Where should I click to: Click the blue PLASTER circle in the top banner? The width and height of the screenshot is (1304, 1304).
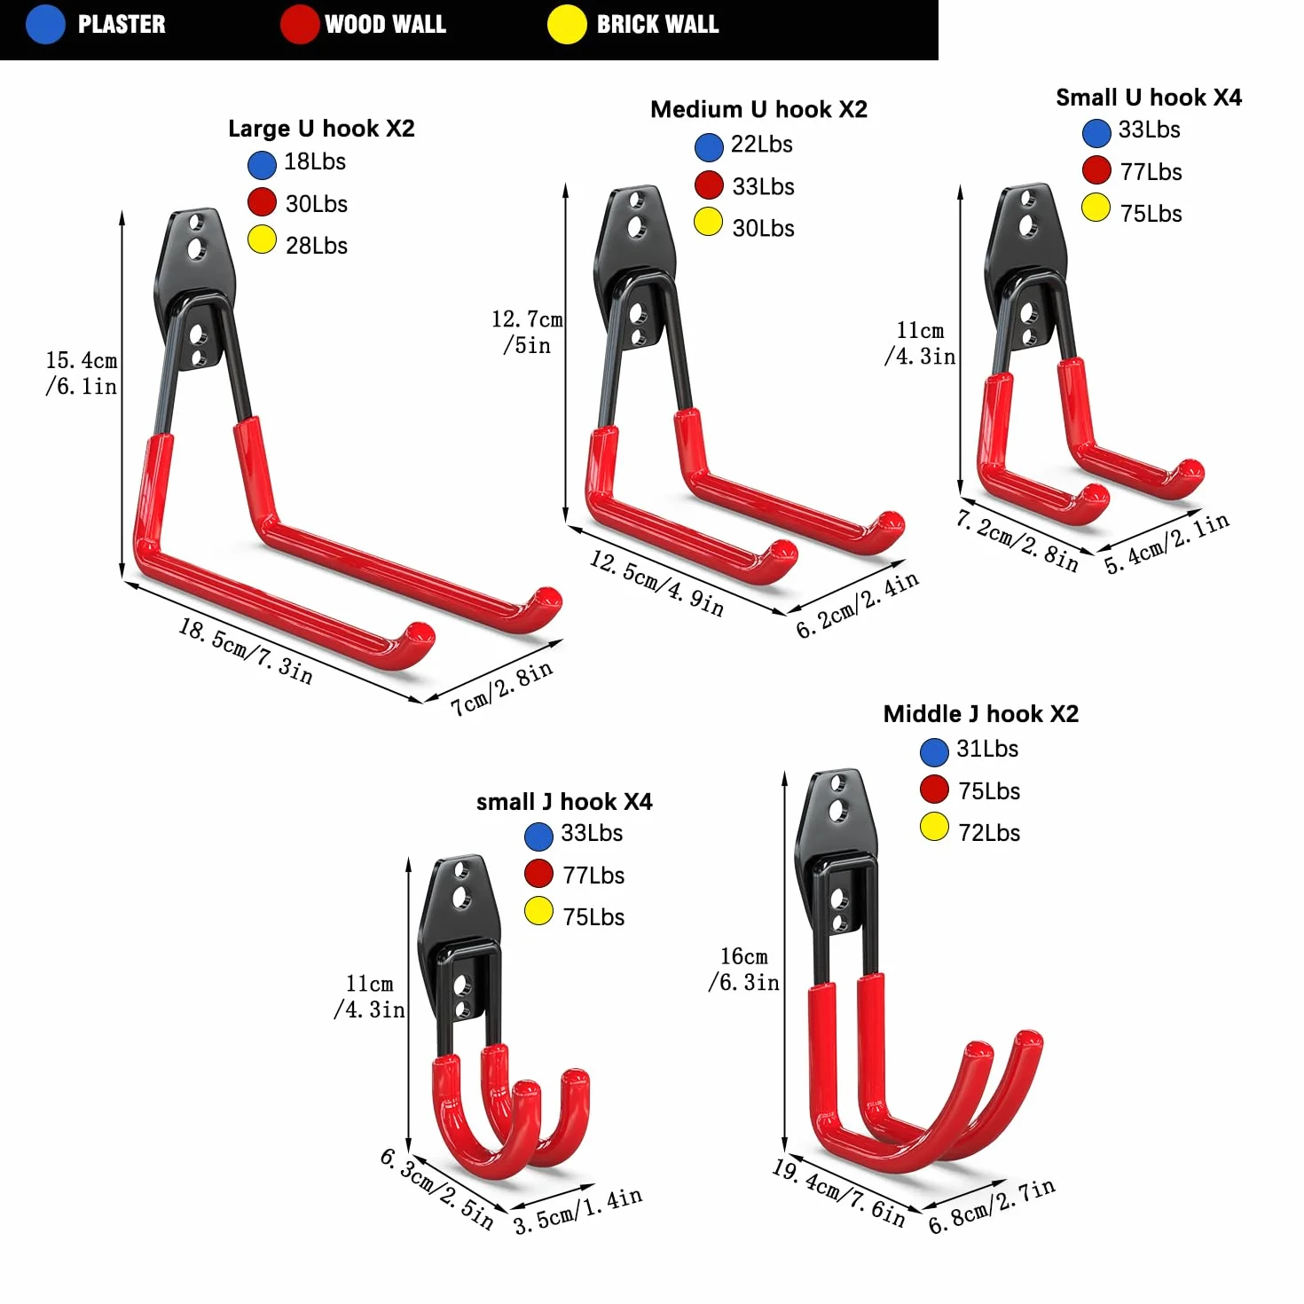[45, 24]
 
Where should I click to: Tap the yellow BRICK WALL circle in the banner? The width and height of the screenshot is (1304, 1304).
[567, 24]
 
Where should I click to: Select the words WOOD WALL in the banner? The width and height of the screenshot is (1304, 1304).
[385, 24]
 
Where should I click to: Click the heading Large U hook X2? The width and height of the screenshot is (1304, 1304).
[321, 128]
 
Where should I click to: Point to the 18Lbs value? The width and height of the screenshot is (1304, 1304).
[315, 161]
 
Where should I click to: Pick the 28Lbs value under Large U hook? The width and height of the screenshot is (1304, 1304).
[316, 246]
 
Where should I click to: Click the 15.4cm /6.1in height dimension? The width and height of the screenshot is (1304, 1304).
[82, 373]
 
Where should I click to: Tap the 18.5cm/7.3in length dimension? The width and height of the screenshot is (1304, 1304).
[246, 651]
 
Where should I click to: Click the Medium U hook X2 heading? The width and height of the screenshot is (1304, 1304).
[758, 109]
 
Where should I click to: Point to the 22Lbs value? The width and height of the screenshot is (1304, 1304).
[761, 144]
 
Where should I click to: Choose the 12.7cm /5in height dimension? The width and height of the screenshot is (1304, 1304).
[527, 332]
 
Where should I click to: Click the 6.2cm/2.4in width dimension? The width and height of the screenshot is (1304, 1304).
[857, 604]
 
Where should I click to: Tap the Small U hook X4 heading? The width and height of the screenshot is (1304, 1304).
[1149, 98]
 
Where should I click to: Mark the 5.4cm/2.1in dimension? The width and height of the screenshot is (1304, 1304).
[1167, 544]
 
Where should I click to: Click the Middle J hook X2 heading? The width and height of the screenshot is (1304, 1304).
[980, 713]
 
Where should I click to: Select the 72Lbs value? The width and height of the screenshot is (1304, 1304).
[989, 833]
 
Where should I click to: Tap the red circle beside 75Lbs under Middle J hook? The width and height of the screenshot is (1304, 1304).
[934, 789]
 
